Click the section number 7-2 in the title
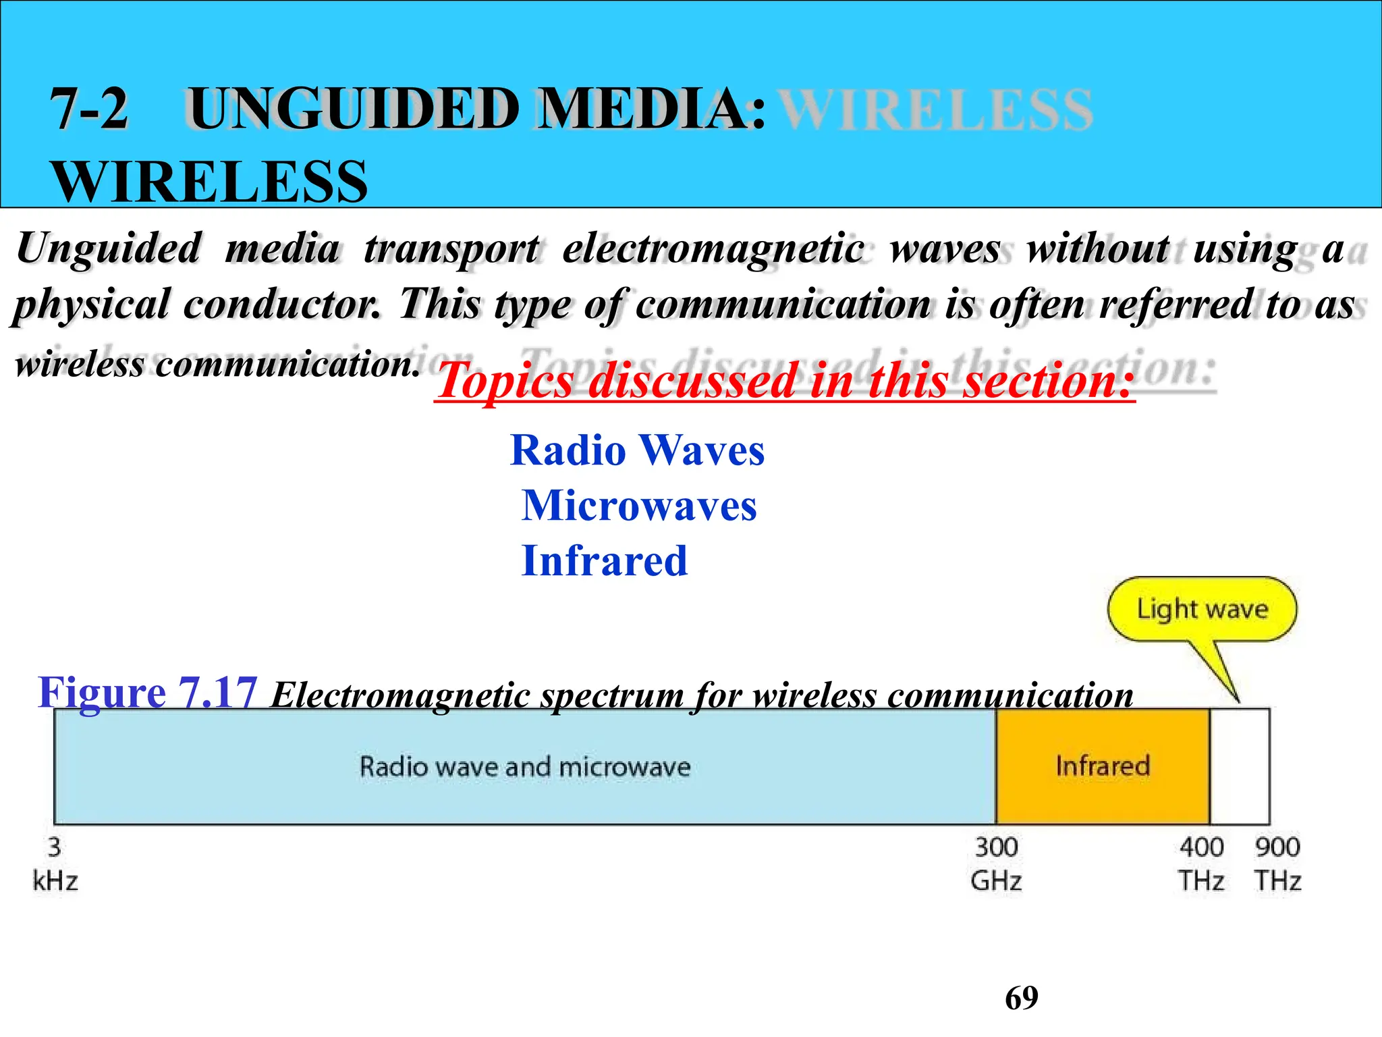click(x=89, y=109)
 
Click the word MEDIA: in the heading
click(x=651, y=109)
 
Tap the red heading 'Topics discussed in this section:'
click(x=784, y=381)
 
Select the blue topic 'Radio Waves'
click(x=638, y=450)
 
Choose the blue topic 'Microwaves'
click(x=639, y=506)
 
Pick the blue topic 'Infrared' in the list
click(x=605, y=561)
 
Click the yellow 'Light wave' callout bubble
click(x=1202, y=609)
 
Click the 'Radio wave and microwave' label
click(x=525, y=767)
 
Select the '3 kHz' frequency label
click(x=55, y=864)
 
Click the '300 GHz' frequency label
click(x=996, y=864)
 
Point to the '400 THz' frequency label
click(x=1201, y=864)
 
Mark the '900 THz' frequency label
click(x=1277, y=864)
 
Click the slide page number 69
click(x=1022, y=998)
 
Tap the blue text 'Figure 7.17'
click(x=148, y=693)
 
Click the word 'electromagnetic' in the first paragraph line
click(x=713, y=248)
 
